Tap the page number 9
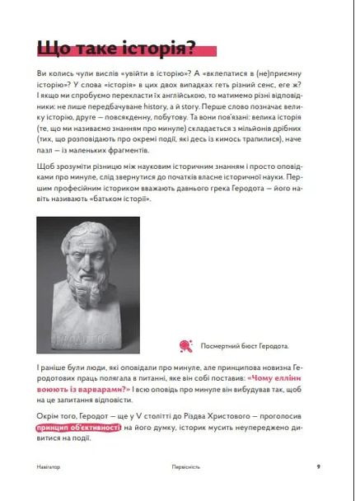318,466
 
